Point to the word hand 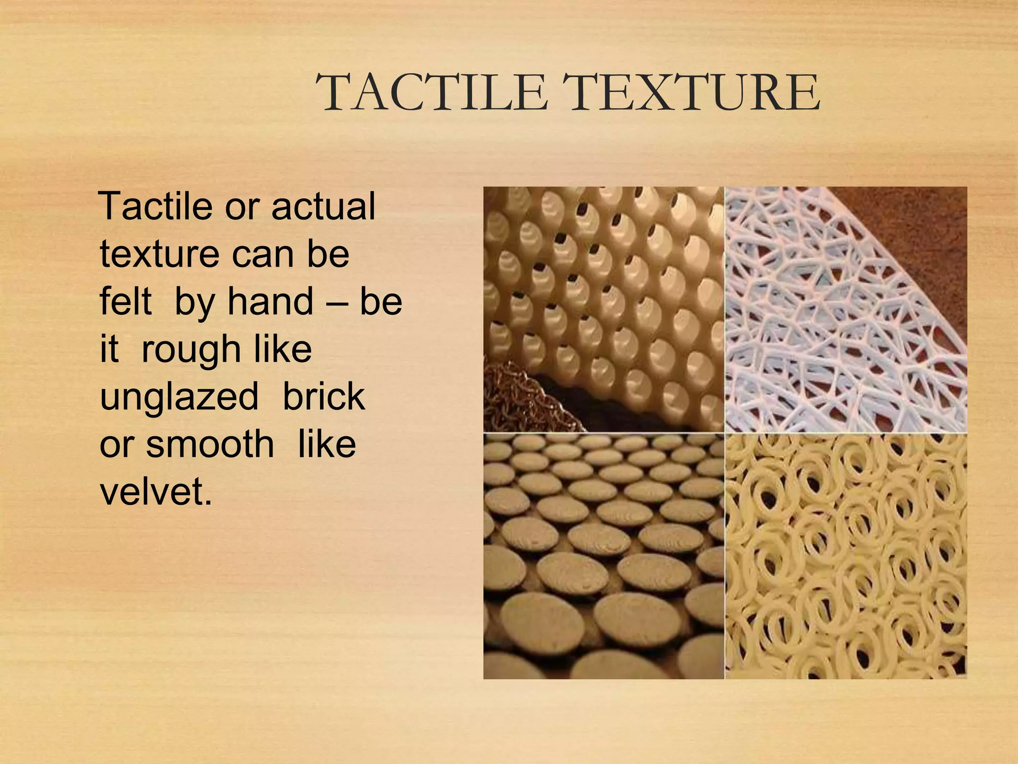pos(270,301)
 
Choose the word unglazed pos(179,397)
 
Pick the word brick pos(324,396)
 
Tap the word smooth pos(210,444)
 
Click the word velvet pos(156,491)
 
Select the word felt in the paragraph pos(125,301)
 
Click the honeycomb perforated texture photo pos(621,288)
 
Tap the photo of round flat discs pos(603,556)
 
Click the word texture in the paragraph pos(159,254)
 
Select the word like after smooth pos(327,444)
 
